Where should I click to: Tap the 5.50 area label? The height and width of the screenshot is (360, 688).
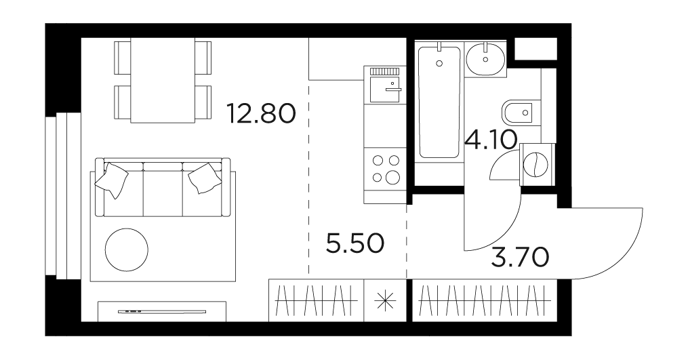point(355,243)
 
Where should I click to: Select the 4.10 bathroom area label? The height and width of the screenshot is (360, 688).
point(491,140)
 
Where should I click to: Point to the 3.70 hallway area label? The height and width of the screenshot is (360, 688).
point(520,257)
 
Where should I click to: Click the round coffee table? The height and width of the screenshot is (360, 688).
point(126,249)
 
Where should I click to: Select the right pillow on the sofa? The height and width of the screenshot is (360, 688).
point(205,178)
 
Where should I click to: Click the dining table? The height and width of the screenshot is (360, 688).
point(163,81)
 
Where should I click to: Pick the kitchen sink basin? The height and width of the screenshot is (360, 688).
point(385,89)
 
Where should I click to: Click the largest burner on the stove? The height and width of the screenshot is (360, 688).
point(392,177)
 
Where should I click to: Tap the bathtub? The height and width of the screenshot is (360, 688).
point(439,102)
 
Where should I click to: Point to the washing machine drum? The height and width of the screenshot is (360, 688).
point(536,164)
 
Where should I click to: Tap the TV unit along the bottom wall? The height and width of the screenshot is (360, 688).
point(162,311)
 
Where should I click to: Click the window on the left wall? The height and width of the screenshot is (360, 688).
point(63,196)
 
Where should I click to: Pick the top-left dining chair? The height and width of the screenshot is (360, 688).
point(123,58)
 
